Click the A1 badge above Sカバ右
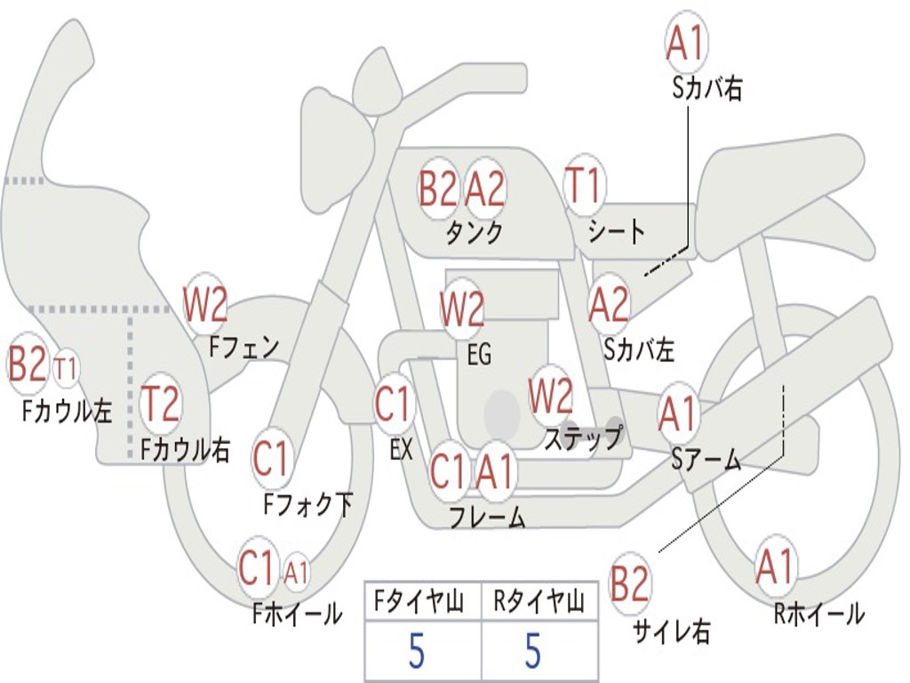coord(685,42)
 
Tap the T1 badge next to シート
coord(584,188)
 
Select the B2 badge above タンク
coord(438,188)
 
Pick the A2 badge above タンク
coord(485,188)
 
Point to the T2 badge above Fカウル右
coord(161,405)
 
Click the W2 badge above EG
coord(462,310)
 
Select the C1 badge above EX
coord(393,405)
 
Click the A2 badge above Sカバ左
coord(610,305)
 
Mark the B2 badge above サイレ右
coord(630,584)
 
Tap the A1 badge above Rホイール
coord(775,566)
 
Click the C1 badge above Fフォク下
coord(272,460)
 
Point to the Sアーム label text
coord(706,459)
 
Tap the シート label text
coord(617,232)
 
